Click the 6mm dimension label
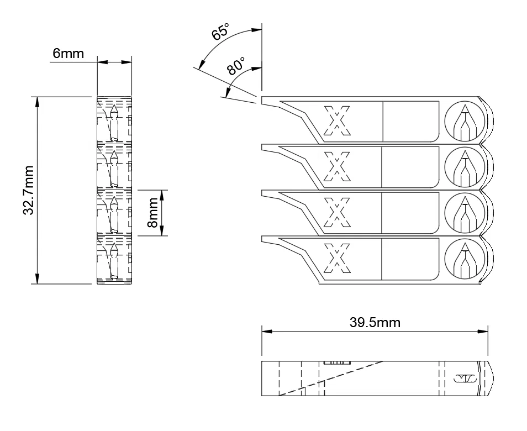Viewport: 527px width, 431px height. (68, 54)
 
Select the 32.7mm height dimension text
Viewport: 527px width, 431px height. (30, 190)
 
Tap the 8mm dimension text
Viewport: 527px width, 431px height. (152, 213)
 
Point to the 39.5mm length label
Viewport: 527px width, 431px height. (375, 322)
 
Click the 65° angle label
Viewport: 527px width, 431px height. (220, 33)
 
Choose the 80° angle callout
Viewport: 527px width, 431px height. (235, 67)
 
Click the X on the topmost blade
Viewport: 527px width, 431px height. (337, 120)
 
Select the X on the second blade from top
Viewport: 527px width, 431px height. (337, 166)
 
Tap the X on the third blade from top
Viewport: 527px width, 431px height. (337, 212)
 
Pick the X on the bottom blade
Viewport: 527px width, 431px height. (337, 258)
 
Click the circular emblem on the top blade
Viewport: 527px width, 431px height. (465, 121)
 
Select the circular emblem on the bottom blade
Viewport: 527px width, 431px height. (465, 259)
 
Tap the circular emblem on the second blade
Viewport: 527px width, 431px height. (465, 167)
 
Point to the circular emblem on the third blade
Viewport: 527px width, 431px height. (465, 213)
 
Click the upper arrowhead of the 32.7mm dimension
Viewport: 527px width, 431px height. (38, 101)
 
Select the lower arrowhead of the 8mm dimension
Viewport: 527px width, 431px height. (162, 232)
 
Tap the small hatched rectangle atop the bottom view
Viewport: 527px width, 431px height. (333, 363)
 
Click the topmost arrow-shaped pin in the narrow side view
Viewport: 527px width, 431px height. (114, 113)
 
